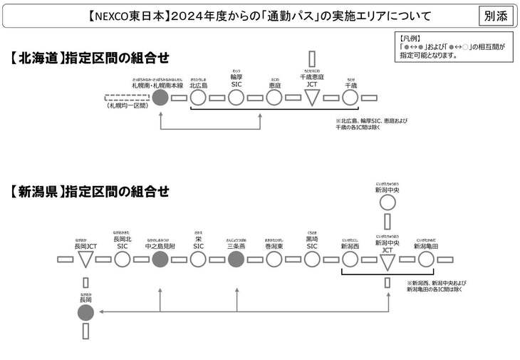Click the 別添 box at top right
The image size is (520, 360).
(x=496, y=15)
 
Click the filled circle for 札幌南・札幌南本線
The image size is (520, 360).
(x=160, y=98)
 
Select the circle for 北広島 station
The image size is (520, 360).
(x=198, y=98)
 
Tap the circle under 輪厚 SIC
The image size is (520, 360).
(x=236, y=98)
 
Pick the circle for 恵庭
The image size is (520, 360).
(x=274, y=98)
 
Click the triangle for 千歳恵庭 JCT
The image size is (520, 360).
(x=312, y=98)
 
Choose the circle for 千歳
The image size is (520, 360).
(x=350, y=98)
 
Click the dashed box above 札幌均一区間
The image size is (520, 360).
(x=125, y=98)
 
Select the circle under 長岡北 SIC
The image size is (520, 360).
(x=122, y=259)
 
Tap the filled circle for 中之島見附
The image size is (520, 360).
(x=160, y=259)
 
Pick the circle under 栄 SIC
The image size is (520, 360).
(x=198, y=259)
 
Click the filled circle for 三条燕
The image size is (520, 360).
(x=236, y=259)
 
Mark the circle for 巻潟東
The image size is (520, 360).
(x=274, y=259)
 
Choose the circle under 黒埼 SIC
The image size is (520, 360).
(x=312, y=259)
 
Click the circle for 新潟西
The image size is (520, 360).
(x=350, y=259)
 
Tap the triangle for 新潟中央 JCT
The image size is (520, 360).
(x=388, y=261)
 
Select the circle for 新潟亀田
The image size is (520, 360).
(x=425, y=259)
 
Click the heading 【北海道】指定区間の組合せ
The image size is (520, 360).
(x=90, y=58)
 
